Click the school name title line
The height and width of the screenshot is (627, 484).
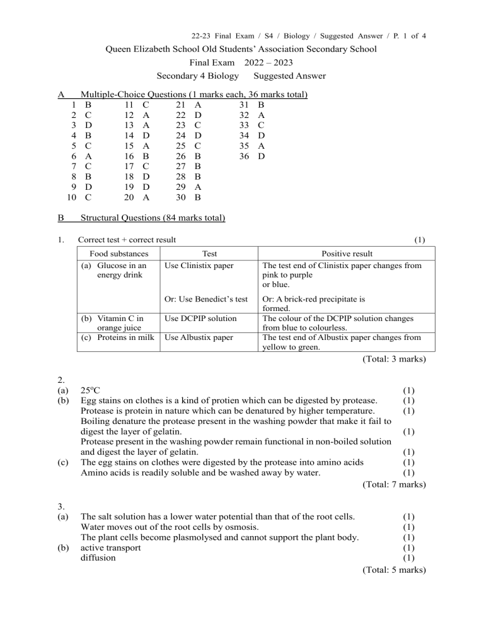pyautogui.click(x=241, y=49)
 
